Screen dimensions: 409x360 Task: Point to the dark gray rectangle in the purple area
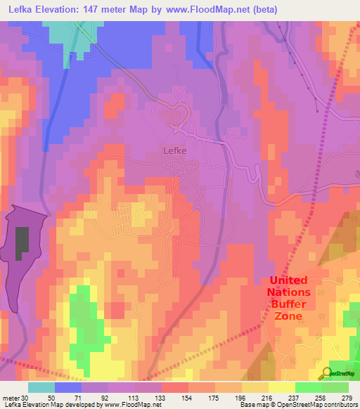point(23,244)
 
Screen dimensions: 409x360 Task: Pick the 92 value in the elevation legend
point(105,397)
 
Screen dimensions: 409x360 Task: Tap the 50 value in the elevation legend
point(51,397)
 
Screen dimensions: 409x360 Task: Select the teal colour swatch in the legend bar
point(41,387)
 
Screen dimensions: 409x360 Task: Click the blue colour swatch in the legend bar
point(68,387)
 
